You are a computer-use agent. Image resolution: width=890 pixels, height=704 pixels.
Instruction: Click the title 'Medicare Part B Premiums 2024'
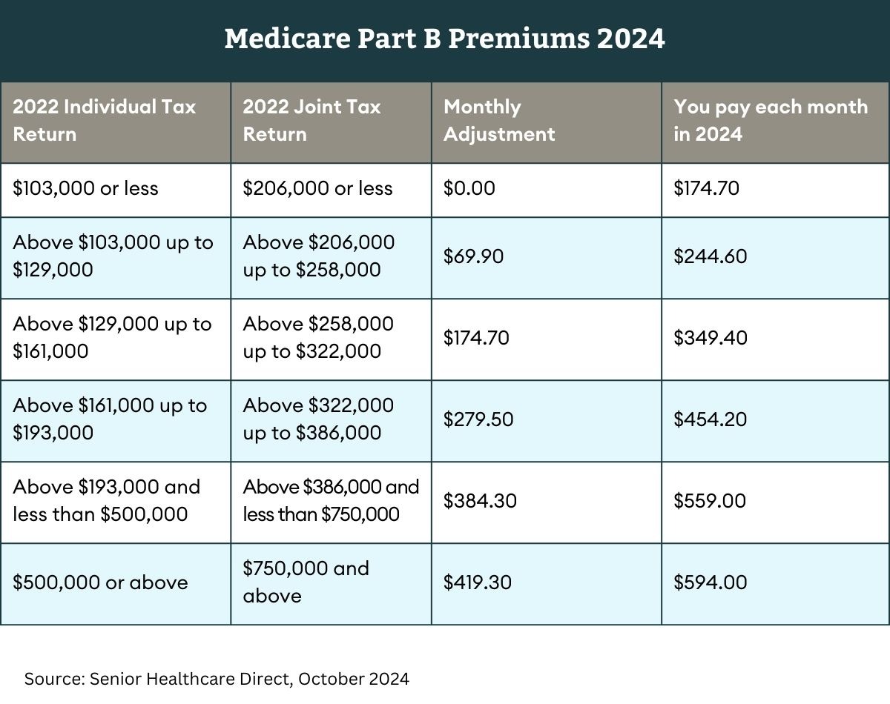pos(444,39)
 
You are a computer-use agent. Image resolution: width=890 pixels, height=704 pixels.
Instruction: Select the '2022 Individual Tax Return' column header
pos(104,120)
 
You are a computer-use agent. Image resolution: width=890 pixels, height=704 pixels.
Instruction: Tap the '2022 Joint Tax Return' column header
pos(311,120)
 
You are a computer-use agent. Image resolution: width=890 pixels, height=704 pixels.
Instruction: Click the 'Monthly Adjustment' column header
pos(498,120)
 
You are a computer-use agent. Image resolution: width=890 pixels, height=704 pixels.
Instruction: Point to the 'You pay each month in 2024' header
pos(770,120)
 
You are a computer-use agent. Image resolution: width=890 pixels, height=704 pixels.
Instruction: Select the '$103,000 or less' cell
pos(85,188)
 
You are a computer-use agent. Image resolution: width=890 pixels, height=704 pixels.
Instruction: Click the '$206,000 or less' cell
pos(317,188)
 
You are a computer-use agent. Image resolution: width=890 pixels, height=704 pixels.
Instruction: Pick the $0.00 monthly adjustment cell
pos(469,188)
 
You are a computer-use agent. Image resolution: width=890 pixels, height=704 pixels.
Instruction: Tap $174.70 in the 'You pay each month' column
pos(706,188)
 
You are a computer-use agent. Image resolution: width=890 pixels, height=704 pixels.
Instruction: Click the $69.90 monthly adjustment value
pos(473,256)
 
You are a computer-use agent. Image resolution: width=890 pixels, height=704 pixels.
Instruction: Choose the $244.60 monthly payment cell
pos(710,256)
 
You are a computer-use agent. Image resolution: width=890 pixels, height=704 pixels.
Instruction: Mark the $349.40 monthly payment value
pos(710,338)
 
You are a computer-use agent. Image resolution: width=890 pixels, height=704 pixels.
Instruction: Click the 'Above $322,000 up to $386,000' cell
pos(318,419)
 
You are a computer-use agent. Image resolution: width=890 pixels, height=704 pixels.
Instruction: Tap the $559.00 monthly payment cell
pos(709,501)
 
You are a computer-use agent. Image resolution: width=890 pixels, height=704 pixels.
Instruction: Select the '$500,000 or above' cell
pos(100,582)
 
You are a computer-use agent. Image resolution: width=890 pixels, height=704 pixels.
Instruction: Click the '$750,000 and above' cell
pos(306,582)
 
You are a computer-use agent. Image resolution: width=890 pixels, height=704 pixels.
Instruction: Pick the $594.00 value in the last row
pos(710,582)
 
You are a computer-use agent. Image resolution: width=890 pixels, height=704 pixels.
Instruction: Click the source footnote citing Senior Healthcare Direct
pos(217,678)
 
